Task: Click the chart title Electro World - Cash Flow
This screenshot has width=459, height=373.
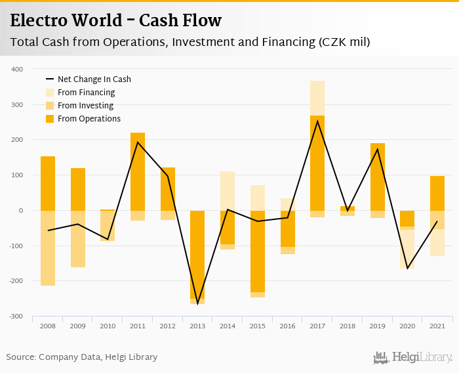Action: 116,20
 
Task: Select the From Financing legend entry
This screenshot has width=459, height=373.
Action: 86,93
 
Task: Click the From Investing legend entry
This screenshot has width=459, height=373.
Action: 85,106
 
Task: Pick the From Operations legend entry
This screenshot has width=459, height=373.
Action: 89,119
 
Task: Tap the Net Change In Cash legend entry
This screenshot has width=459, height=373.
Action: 94,79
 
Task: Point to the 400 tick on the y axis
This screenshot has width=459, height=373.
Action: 18,69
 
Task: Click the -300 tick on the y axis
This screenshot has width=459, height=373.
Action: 16,317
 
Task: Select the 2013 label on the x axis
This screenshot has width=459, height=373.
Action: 197,326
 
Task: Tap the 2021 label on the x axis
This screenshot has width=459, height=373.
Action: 437,326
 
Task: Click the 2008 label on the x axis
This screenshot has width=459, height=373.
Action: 48,326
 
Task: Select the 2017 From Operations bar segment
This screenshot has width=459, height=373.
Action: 317,163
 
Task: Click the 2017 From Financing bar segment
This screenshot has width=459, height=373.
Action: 317,98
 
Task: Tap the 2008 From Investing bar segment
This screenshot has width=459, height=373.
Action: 48,248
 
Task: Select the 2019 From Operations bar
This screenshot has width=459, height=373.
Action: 378,177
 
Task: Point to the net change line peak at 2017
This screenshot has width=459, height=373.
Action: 317,121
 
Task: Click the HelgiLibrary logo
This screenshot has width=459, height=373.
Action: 413,357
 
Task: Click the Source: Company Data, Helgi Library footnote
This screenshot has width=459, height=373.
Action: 82,357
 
